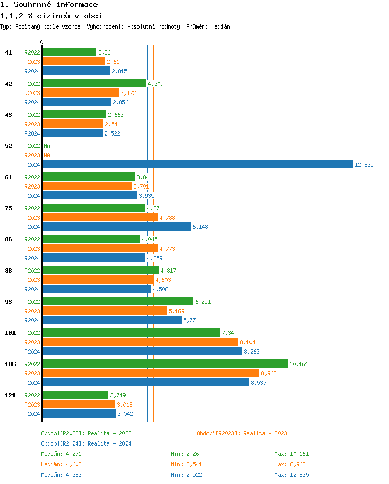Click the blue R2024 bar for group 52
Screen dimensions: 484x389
pyautogui.click(x=197, y=165)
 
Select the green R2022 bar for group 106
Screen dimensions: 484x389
pyautogui.click(x=164, y=364)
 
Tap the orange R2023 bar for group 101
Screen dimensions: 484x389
pyautogui.click(x=140, y=342)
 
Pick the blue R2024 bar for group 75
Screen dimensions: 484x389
pyautogui.click(x=116, y=227)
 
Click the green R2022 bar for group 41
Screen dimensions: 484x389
pyautogui.click(x=69, y=52)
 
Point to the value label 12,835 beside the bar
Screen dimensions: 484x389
pyautogui.click(x=364, y=165)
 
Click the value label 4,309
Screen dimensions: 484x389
pyautogui.click(x=156, y=84)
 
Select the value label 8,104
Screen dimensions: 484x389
pyautogui.click(x=247, y=342)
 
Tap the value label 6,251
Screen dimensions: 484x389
pyautogui.click(x=203, y=302)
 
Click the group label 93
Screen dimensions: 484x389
pyautogui.click(x=8, y=302)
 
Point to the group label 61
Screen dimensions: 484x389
pyautogui.click(x=8, y=177)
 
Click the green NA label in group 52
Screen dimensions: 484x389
pyautogui.click(x=47, y=146)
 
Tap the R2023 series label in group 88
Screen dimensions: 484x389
pyautogui.click(x=32, y=280)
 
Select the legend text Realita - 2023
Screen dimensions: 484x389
pyautogui.click(x=265, y=433)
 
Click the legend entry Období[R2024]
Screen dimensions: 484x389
pyautogui.click(x=63, y=443)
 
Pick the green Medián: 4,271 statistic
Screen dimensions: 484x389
pyautogui.click(x=61, y=454)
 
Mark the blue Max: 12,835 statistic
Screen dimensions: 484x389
pyautogui.click(x=291, y=475)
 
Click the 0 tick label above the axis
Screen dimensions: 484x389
pyautogui.click(x=42, y=42)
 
